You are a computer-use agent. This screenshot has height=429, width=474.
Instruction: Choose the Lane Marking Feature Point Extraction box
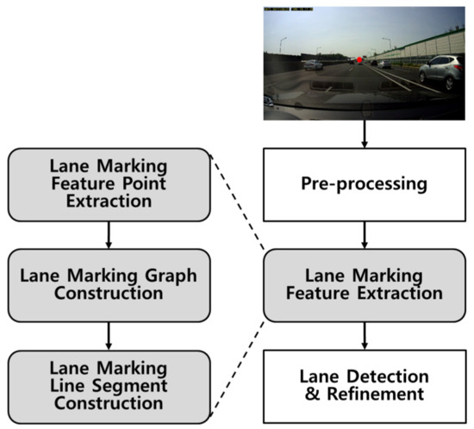109,183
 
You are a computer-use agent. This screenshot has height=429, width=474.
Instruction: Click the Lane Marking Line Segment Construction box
109,385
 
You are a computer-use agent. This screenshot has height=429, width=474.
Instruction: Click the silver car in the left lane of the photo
313,64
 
